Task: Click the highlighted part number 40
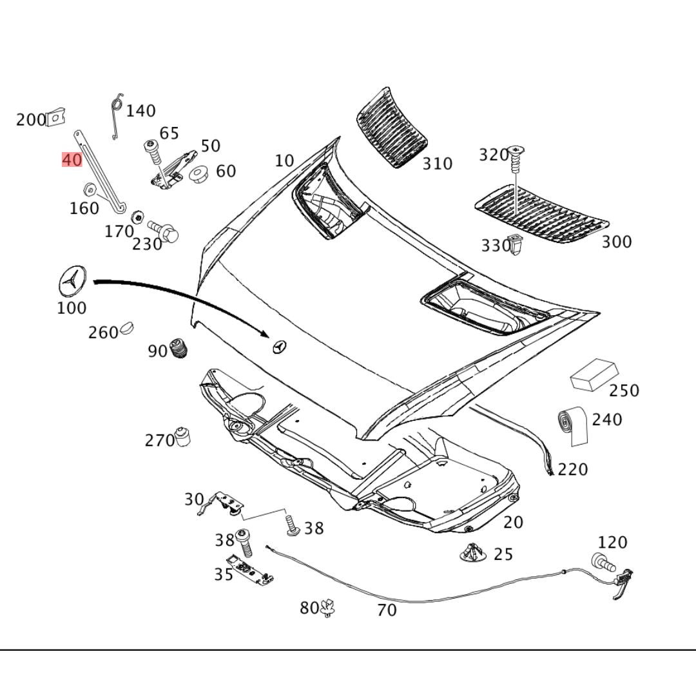pos(72,159)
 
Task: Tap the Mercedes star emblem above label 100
pos(72,282)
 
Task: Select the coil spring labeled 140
pos(117,116)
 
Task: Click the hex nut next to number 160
pos(90,189)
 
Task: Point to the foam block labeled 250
pos(594,374)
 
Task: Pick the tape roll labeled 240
pos(572,425)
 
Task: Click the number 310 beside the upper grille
pos(437,163)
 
